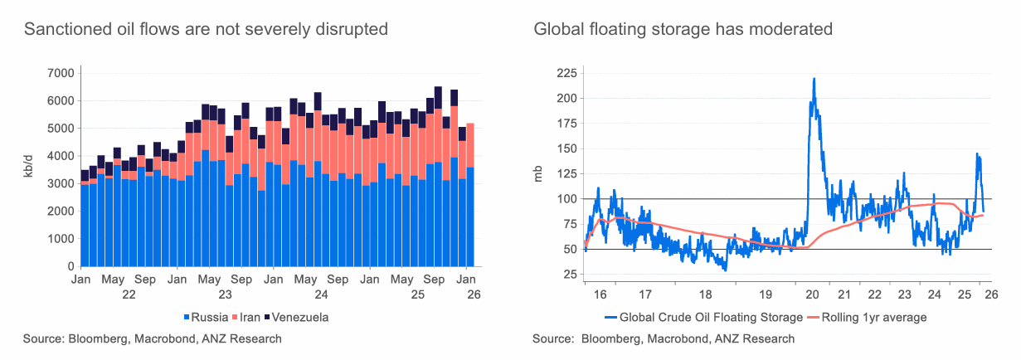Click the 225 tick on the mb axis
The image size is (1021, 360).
click(566, 73)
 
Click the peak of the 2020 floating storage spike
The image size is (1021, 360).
click(814, 79)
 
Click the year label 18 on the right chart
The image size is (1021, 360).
click(704, 294)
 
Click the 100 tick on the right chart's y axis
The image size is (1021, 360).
click(566, 199)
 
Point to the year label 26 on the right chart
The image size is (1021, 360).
click(984, 294)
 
